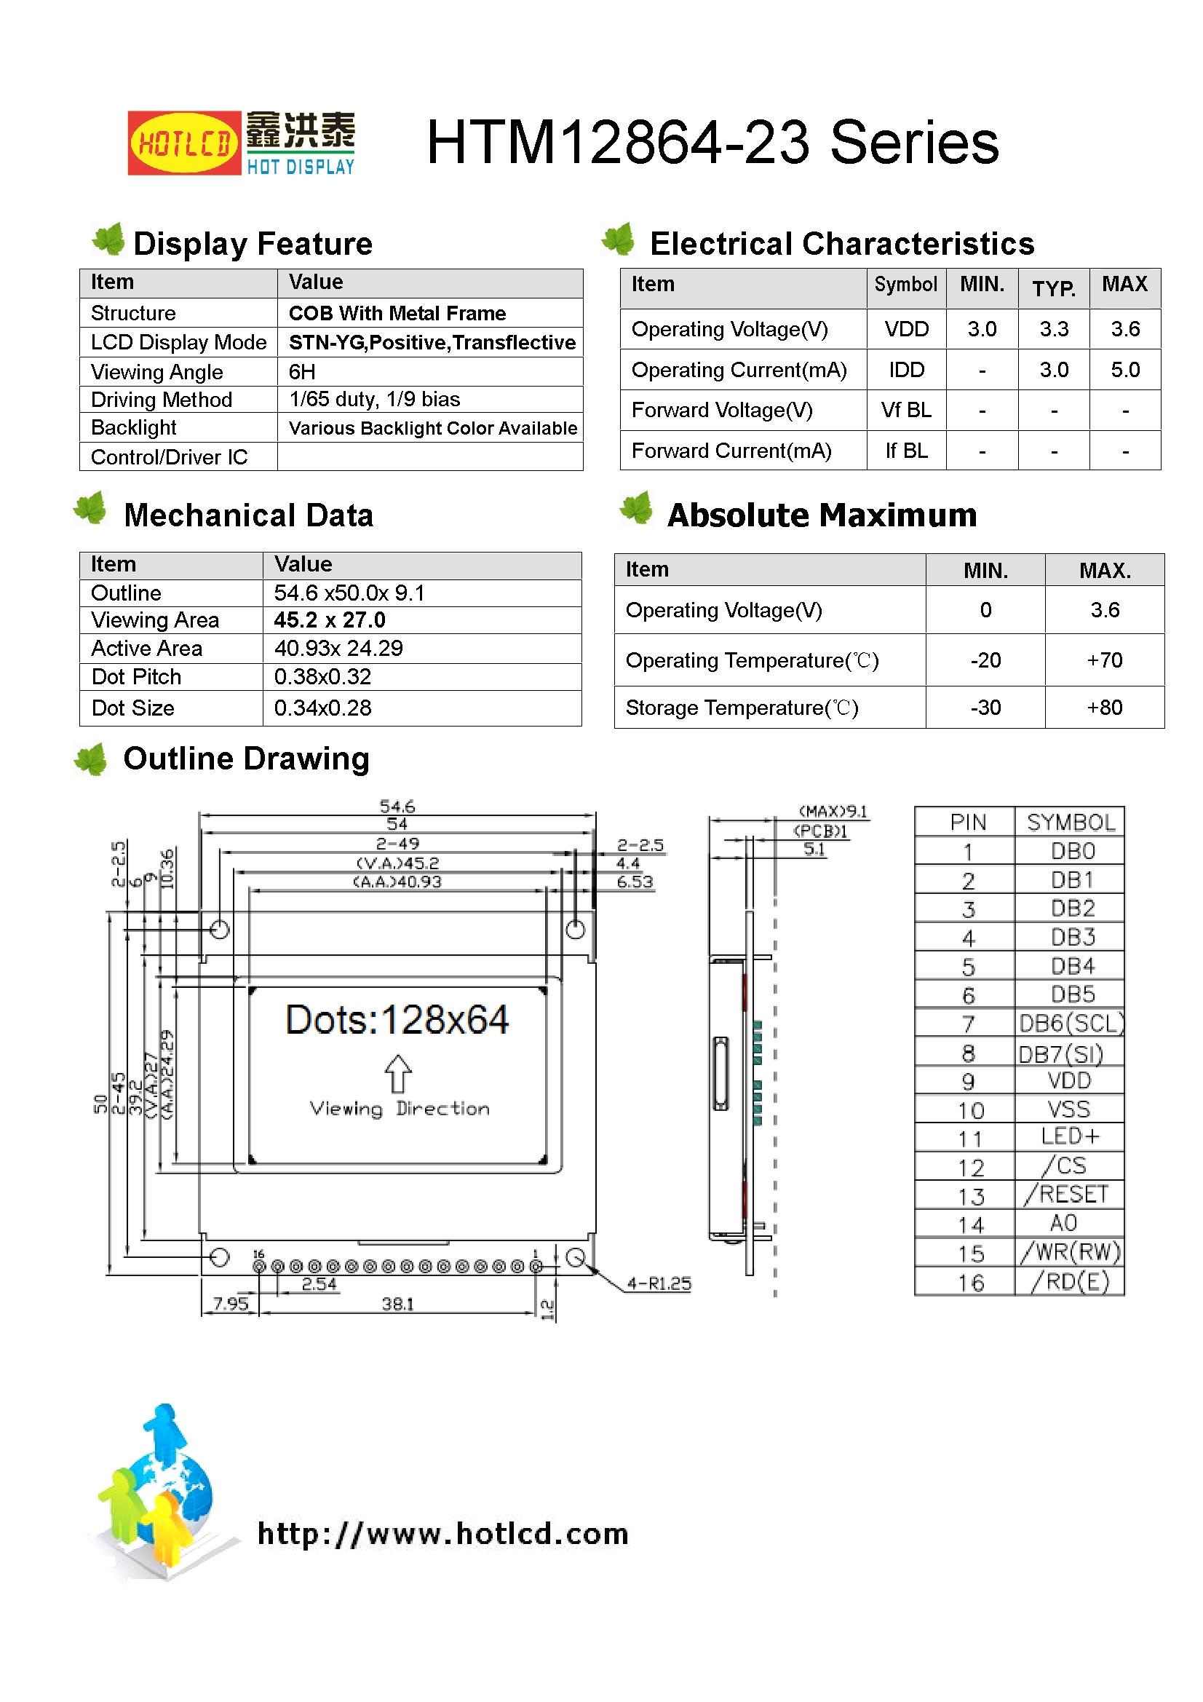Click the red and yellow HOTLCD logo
point(184,143)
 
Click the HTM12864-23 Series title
point(712,143)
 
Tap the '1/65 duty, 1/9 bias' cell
point(374,400)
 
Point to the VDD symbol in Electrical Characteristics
point(906,329)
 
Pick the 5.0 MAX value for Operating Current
point(1124,370)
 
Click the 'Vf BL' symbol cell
point(906,410)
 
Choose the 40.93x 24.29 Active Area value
point(338,649)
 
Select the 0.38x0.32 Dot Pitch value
point(322,677)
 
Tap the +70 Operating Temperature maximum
point(1104,660)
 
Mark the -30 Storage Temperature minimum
point(985,708)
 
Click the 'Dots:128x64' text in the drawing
point(397,1020)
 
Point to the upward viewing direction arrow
point(398,1072)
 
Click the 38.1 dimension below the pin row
point(397,1304)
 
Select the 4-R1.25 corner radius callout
point(658,1284)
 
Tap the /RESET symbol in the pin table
point(1068,1194)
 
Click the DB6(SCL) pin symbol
point(1071,1024)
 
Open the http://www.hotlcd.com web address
point(442,1533)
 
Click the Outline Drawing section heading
point(246,759)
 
